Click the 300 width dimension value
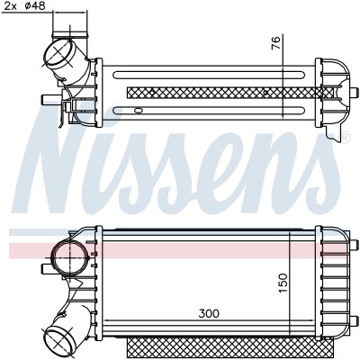pos(209,313)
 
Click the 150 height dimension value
pos(283,283)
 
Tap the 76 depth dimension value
pos(275,43)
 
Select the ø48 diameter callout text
pos(35,5)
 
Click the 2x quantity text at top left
pos(11,6)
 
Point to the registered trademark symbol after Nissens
pos(345,137)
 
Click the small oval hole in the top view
pos(139,111)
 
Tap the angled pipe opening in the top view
pos(59,53)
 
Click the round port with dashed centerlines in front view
pos(70,257)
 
